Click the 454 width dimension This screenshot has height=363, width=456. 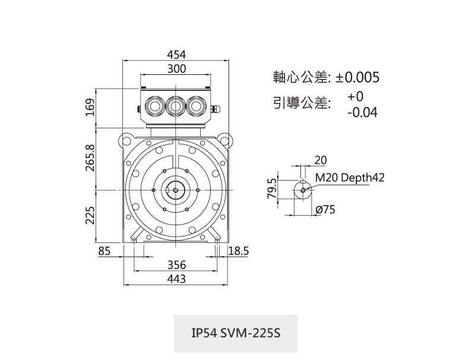click(x=176, y=55)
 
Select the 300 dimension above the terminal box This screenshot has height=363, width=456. click(x=176, y=69)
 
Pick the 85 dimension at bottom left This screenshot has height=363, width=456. click(x=104, y=251)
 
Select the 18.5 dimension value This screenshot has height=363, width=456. click(x=238, y=251)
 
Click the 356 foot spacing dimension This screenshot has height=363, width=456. click(x=176, y=265)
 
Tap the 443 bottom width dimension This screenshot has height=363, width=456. click(x=176, y=279)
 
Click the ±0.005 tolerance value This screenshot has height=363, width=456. click(x=357, y=77)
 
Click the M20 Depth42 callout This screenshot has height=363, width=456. click(x=350, y=177)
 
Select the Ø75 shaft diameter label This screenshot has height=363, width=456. click(x=326, y=210)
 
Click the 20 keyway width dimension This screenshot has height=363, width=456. click(x=320, y=160)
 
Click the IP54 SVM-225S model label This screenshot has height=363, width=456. click(x=236, y=333)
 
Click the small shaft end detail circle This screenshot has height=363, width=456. click(x=303, y=190)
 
